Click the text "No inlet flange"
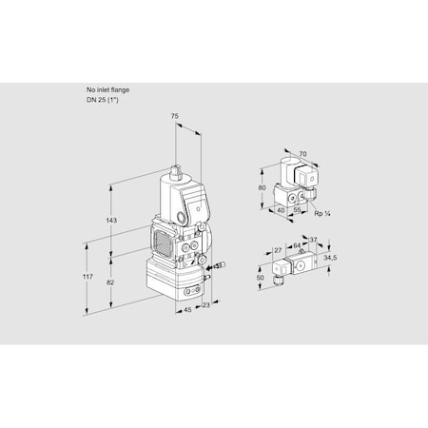[107, 89]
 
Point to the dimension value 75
[175, 117]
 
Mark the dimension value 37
[314, 240]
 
